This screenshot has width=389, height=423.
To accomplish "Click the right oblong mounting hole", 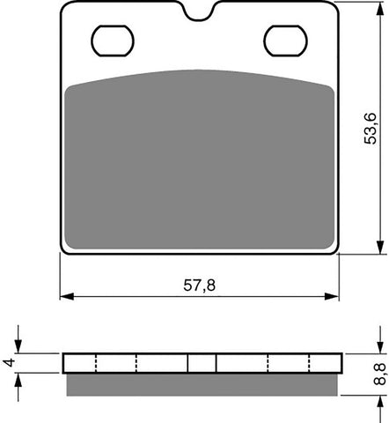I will pos(285,40).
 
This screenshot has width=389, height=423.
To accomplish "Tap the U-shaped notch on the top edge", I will pos(201,12).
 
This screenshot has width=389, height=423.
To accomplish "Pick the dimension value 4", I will pos(8,361).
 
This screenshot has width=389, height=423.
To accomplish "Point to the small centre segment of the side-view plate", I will pos(202,362).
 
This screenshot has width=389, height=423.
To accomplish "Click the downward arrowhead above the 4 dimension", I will pos(19,348).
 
